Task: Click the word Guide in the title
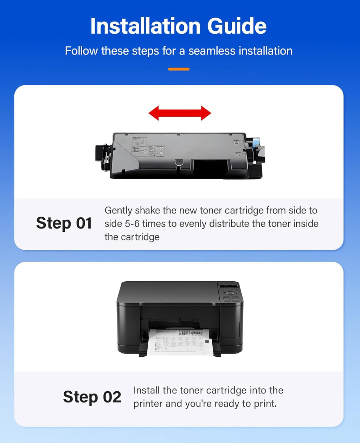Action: (237, 26)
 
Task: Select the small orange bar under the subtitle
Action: (179, 69)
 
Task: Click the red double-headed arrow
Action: (180, 113)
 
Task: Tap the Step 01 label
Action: (64, 223)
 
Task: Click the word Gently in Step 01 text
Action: (118, 211)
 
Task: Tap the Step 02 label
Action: (92, 397)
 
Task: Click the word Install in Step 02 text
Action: (147, 390)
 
